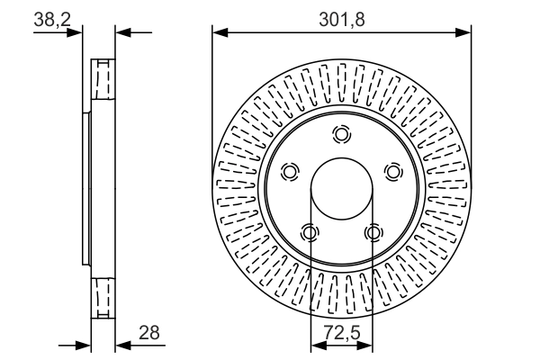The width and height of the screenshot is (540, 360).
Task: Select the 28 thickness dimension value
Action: coord(148,333)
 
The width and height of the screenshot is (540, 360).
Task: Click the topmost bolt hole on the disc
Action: coord(340,135)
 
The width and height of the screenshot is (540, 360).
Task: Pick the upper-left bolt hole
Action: coord(290,171)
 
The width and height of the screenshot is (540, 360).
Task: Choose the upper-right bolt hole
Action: coord(392,171)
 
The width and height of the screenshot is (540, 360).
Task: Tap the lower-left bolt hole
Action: coord(310,233)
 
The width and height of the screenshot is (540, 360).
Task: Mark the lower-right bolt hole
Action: coord(373,233)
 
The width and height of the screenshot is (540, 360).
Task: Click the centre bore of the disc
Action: coord(341,189)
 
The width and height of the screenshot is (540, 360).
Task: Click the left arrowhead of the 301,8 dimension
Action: coord(219,33)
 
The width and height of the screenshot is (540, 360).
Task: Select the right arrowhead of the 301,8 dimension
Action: coord(465,33)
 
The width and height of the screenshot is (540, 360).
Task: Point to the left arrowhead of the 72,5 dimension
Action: coord(315,345)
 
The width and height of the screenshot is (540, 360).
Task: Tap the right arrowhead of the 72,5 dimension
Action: coord(367,345)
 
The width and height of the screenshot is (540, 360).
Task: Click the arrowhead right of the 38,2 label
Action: coord(122,33)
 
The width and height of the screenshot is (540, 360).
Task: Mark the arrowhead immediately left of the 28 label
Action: coord(122,345)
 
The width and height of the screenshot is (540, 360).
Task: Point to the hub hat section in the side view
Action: coord(86,189)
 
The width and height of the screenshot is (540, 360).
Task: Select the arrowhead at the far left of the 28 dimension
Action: coord(85,345)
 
